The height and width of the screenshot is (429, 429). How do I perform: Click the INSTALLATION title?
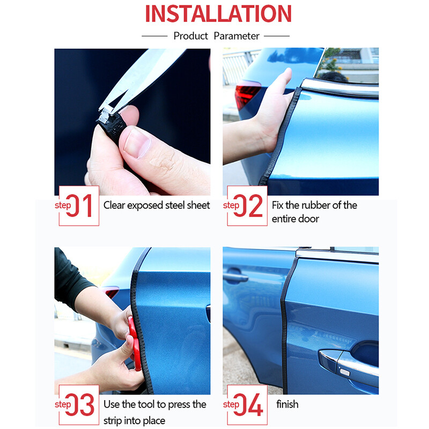[x=218, y=13]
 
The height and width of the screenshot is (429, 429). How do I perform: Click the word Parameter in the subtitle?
[x=236, y=36]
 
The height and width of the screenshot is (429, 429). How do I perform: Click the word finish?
[x=287, y=404]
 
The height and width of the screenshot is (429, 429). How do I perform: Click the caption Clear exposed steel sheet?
[x=157, y=205]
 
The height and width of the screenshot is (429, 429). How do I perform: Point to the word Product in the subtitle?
[x=190, y=36]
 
